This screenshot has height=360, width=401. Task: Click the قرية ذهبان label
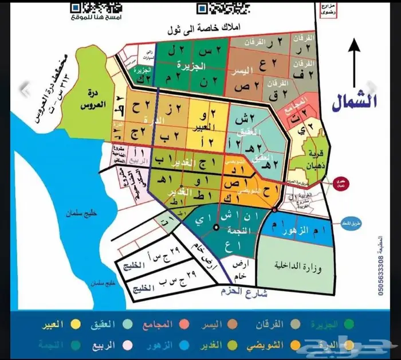314,156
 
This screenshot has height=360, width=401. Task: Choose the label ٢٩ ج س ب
150,283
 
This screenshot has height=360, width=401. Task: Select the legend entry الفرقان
271,324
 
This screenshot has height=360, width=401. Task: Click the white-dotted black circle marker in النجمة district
216,228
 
